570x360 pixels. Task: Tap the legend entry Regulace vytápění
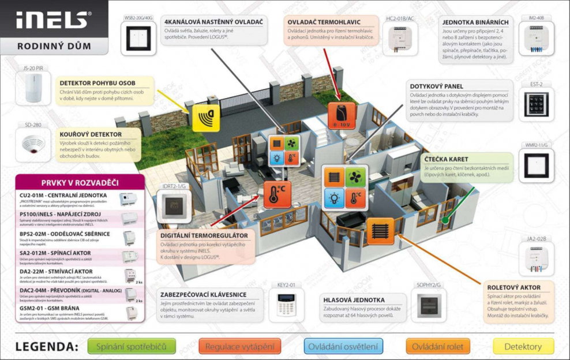pos(240,346)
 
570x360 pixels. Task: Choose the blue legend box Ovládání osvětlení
pos(343,346)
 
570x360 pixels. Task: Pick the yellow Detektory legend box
pos(523,346)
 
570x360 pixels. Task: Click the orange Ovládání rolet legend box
pos(438,346)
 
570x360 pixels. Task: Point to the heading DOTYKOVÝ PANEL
pos(437,86)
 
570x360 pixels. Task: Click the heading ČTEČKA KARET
pos(447,159)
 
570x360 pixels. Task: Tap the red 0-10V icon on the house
pos(340,114)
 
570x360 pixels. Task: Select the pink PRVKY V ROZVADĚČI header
pos(80,183)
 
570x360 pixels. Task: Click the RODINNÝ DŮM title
pos(46,46)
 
